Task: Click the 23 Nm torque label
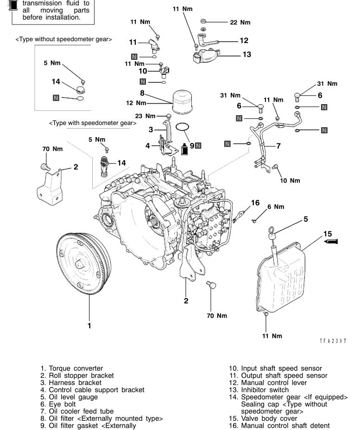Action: tap(155, 116)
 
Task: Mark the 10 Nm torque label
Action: tap(291, 181)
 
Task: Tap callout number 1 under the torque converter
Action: tap(89, 325)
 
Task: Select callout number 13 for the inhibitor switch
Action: tap(246, 55)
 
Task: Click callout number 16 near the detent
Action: tap(255, 202)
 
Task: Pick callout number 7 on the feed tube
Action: tap(278, 145)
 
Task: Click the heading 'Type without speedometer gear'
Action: tap(64, 39)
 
